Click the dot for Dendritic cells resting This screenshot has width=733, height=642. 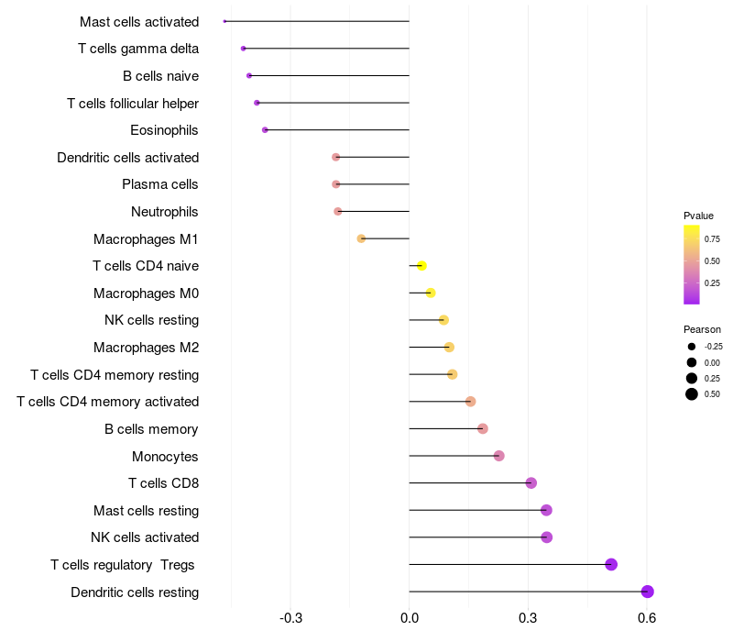point(647,592)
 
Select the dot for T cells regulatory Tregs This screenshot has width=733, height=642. point(611,564)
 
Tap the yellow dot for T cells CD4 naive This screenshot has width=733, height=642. point(421,266)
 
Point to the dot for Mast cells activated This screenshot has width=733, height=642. point(224,21)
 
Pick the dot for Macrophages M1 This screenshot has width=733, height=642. point(361,238)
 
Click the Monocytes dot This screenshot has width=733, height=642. point(498,456)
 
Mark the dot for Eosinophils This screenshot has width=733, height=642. point(265,130)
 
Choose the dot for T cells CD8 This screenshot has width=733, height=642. point(531,482)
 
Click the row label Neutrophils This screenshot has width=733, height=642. point(165,212)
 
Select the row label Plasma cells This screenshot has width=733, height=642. point(160,184)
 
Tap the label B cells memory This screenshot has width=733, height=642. point(151,428)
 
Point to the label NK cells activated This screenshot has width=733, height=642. point(145,537)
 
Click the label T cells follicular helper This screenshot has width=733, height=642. point(133,103)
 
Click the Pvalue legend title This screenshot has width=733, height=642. point(698,216)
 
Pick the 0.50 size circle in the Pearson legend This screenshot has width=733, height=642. point(691,394)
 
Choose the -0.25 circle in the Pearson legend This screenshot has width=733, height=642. point(691,347)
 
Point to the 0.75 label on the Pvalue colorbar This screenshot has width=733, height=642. point(712,238)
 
